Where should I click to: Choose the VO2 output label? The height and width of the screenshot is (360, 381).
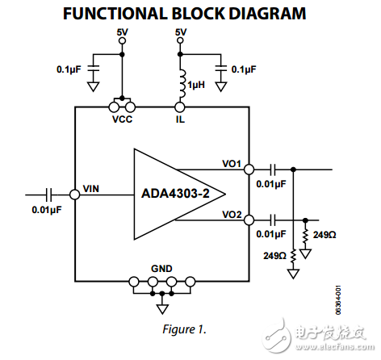coord(232,215)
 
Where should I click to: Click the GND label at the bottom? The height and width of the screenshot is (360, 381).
coord(161,270)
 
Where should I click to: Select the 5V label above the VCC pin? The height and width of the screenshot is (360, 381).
coord(121,32)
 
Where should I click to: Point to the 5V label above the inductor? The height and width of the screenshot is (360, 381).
coord(181,32)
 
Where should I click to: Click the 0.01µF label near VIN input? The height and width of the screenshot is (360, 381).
coord(45,211)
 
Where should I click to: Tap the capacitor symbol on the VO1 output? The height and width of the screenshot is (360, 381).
coord(274,170)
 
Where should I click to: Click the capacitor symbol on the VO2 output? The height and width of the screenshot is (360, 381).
coord(274,220)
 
